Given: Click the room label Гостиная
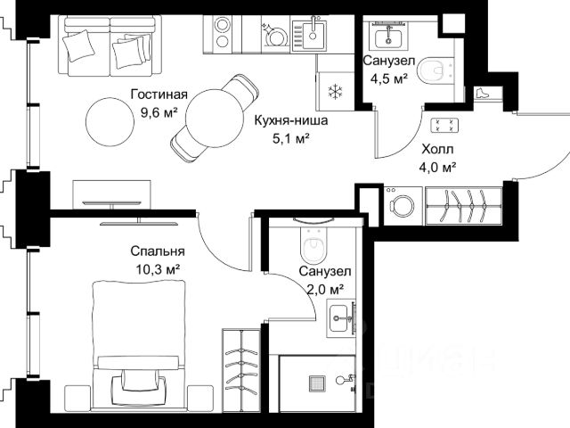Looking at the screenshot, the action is pyautogui.click(x=159, y=95).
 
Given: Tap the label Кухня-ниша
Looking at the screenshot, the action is pyautogui.click(x=291, y=120).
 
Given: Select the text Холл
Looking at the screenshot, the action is pyautogui.click(x=437, y=149).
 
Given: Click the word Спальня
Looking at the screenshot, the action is pyautogui.click(x=158, y=251).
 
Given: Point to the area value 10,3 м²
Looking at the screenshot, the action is pyautogui.click(x=158, y=269).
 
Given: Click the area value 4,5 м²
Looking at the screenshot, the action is pyautogui.click(x=388, y=78).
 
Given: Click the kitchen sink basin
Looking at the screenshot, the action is pyautogui.click(x=313, y=33).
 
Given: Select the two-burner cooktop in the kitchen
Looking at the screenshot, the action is pyautogui.click(x=222, y=34).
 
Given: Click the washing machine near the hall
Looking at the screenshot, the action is pyautogui.click(x=403, y=206).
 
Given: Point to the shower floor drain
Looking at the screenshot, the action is pyautogui.click(x=317, y=384).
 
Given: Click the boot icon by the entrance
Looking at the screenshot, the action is pyautogui.click(x=482, y=93).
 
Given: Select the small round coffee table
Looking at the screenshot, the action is pyautogui.click(x=110, y=122).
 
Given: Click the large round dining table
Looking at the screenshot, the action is pyautogui.click(x=215, y=119).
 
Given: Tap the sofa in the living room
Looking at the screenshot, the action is pyautogui.click(x=110, y=45).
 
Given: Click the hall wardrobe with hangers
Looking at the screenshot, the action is pyautogui.click(x=464, y=206).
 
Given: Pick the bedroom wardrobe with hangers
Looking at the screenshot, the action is pyautogui.click(x=241, y=371).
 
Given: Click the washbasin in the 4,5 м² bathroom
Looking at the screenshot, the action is pyautogui.click(x=388, y=36).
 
